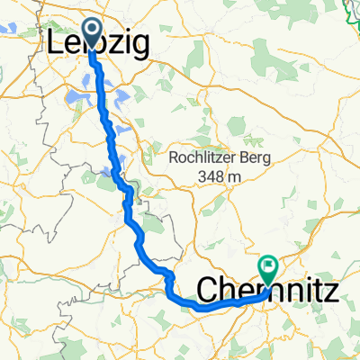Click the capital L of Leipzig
tap(55, 43)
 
